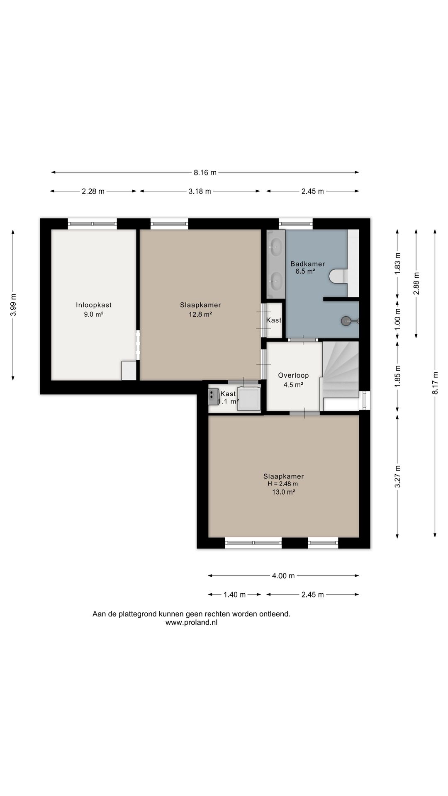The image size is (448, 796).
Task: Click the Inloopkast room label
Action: [x=94, y=305]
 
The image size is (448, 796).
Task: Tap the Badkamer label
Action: [x=307, y=264]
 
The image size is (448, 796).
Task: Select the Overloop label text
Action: [x=293, y=376]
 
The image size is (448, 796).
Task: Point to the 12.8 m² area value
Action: [x=200, y=314]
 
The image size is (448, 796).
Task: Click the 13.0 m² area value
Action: [x=283, y=492]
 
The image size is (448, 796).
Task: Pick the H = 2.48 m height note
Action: [x=282, y=484]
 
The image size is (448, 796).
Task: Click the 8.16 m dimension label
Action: [x=205, y=172]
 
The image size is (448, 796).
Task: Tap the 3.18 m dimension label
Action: [x=200, y=192]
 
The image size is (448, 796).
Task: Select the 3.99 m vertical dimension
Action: [x=13, y=305]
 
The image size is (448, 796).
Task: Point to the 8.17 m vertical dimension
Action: [x=435, y=383]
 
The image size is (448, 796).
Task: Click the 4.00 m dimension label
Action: [x=283, y=576]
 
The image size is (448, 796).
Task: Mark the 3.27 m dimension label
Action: [x=397, y=477]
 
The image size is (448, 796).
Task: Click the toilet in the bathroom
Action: [x=338, y=276]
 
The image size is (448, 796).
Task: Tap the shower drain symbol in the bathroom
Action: [x=346, y=320]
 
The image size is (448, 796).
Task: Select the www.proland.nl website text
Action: [x=191, y=623]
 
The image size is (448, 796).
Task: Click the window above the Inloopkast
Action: [x=92, y=224]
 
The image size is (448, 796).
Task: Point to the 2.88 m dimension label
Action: [x=416, y=284]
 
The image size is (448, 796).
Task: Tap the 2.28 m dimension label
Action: [x=93, y=192]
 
